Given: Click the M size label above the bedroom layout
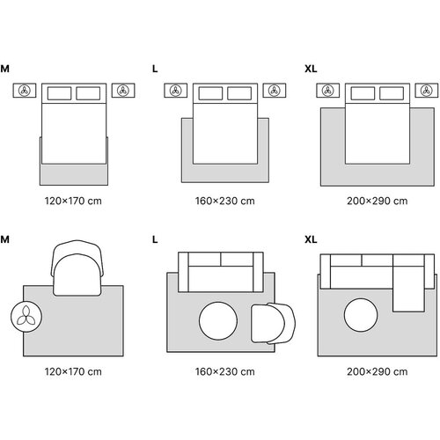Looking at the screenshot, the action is point(5,69).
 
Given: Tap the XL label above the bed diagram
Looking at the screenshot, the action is point(311,69).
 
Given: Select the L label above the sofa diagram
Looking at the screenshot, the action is point(155,239).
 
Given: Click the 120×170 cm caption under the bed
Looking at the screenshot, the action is point(73,201).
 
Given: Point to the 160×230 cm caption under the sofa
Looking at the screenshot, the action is point(225,371).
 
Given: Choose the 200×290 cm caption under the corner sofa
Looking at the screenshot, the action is point(378,371).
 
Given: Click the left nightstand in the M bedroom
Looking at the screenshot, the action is point(25,91).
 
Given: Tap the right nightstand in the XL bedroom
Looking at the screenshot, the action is point(427,91).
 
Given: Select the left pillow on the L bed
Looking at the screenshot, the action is point(210,93).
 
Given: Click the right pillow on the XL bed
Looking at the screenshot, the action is point(392,93).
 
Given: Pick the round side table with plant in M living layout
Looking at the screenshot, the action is point(26,317).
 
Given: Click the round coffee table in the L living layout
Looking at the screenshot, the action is point(218,321).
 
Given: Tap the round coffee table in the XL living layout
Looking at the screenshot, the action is point(361,315).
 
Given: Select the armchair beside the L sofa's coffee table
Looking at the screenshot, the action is point(274,323).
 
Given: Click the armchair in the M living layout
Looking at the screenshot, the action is point(77,268).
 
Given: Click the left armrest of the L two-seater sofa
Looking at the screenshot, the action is point(183,272).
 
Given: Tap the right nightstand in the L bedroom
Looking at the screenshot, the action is point(275,91).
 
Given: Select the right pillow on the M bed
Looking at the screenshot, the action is point(88,93).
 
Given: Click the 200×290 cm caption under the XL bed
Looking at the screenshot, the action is point(378,201).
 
